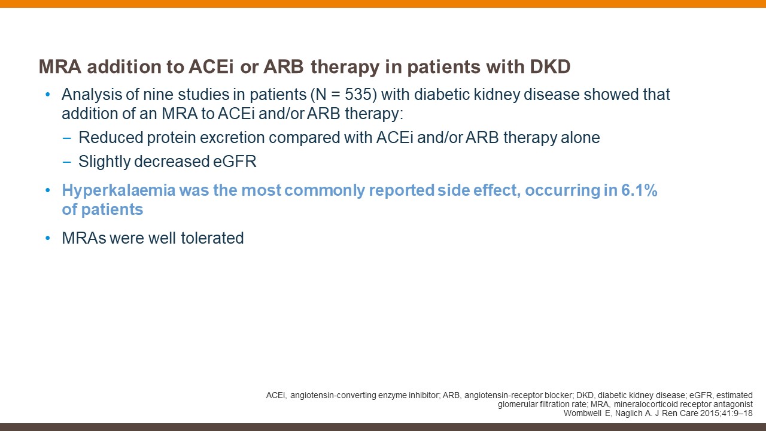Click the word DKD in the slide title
click(x=550, y=66)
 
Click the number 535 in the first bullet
click(x=358, y=95)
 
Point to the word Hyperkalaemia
click(x=118, y=190)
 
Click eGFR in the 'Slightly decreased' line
click(x=235, y=162)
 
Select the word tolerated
click(x=212, y=238)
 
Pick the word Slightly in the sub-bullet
click(x=104, y=162)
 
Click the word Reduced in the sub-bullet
click(x=111, y=138)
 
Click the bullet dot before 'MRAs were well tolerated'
click(x=47, y=238)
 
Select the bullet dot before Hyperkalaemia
click(x=47, y=190)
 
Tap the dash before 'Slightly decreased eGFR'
click(x=66, y=162)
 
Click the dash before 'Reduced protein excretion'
click(x=66, y=138)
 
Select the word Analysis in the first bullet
click(x=92, y=95)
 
